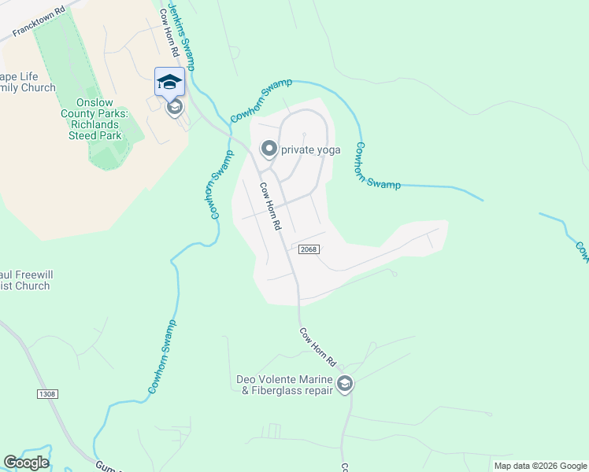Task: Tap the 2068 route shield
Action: pos(308,249)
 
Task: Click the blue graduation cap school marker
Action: pos(170,81)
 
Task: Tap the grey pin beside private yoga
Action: pos(269,149)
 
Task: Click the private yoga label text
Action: pos(310,149)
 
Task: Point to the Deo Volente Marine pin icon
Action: pos(344,384)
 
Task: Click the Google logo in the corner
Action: pos(26,463)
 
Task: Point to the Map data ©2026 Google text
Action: pos(539,466)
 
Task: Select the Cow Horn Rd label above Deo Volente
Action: pos(318,347)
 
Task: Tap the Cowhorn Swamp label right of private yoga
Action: pos(376,167)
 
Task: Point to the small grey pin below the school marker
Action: pos(175,107)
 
